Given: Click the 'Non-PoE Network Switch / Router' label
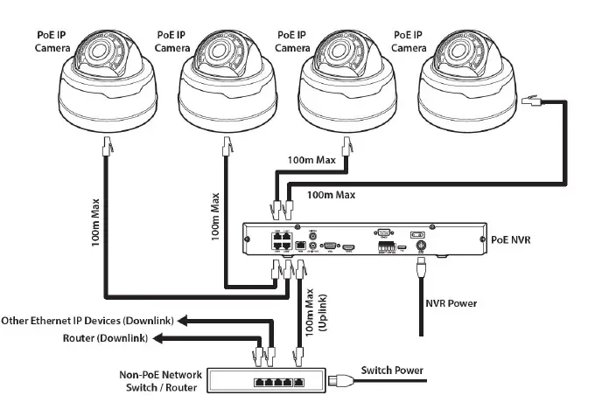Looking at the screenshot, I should click(x=160, y=381).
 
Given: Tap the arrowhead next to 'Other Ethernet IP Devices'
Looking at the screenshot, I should click(x=190, y=321).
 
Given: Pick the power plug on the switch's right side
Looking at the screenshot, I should click(x=337, y=380).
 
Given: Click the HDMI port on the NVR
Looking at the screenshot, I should click(x=348, y=247).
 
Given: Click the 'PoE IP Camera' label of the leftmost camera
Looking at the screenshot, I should click(x=51, y=41).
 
